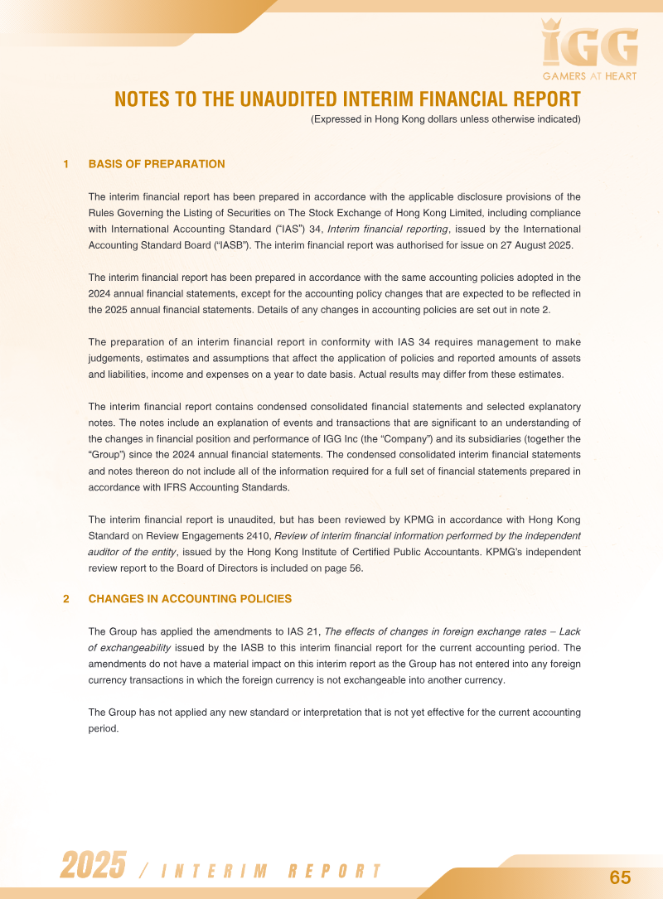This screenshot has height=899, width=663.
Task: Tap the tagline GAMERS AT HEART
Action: (589, 75)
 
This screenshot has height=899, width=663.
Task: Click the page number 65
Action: (620, 877)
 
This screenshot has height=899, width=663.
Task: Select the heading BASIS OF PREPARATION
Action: (157, 164)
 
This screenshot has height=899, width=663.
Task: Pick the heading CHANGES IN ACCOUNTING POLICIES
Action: (190, 598)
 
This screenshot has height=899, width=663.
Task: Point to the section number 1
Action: (65, 164)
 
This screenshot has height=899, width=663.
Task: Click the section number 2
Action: (65, 598)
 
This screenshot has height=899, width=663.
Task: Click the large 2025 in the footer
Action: (93, 866)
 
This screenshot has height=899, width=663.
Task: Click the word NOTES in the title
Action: (142, 99)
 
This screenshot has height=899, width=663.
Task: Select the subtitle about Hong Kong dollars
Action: (445, 119)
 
